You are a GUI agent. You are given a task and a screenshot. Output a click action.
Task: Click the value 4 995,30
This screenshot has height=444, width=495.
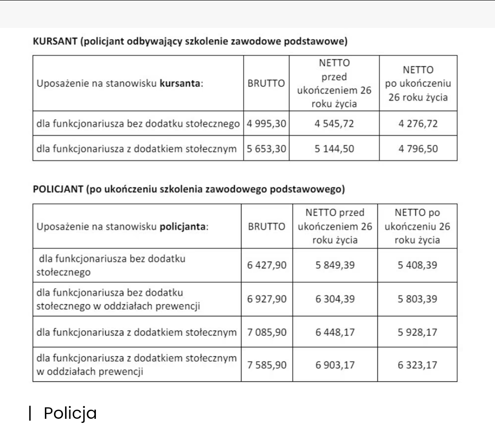pyautogui.click(x=266, y=124)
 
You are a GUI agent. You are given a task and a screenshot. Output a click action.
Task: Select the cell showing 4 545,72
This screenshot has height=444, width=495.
pyautogui.click(x=334, y=124)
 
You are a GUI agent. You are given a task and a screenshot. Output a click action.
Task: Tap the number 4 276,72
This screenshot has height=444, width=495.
pyautogui.click(x=418, y=124)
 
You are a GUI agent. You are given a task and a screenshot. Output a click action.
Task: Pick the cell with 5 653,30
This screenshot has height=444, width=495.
pyautogui.click(x=266, y=148)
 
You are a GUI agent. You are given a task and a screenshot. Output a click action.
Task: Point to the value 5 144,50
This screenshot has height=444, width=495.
pyautogui.click(x=334, y=148)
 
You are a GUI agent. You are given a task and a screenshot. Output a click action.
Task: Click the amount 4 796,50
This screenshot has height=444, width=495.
pyautogui.click(x=418, y=148)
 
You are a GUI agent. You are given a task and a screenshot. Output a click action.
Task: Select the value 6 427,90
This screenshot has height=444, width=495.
pyautogui.click(x=267, y=265)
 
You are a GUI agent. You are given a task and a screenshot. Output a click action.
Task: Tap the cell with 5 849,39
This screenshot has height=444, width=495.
pyautogui.click(x=335, y=265)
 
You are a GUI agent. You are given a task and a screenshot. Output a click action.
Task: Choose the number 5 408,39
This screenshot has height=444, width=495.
pyautogui.click(x=417, y=265)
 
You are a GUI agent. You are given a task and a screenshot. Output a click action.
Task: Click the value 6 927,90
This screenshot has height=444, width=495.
pyautogui.click(x=267, y=299)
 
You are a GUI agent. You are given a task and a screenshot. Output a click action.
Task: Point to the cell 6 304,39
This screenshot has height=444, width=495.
pyautogui.click(x=335, y=299)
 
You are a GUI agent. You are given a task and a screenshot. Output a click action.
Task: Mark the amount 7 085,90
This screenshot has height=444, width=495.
pyautogui.click(x=267, y=332)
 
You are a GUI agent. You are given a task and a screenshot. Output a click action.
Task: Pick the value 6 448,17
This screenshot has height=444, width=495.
pyautogui.click(x=335, y=332)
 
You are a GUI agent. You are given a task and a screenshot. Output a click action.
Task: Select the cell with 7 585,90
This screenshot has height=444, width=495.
pyautogui.click(x=267, y=365)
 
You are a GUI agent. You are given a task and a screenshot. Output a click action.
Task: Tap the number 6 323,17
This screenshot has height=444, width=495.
pyautogui.click(x=417, y=365)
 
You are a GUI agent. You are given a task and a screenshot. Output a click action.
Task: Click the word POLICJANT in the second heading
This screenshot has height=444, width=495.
pyautogui.click(x=58, y=189)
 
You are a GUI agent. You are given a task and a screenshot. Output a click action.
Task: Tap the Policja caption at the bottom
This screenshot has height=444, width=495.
pyautogui.click(x=70, y=413)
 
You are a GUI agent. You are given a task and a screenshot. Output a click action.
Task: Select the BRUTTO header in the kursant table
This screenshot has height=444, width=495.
pyautogui.click(x=266, y=84)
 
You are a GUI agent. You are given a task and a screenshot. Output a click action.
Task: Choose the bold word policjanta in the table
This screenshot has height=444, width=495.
pyautogui.click(x=184, y=226)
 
